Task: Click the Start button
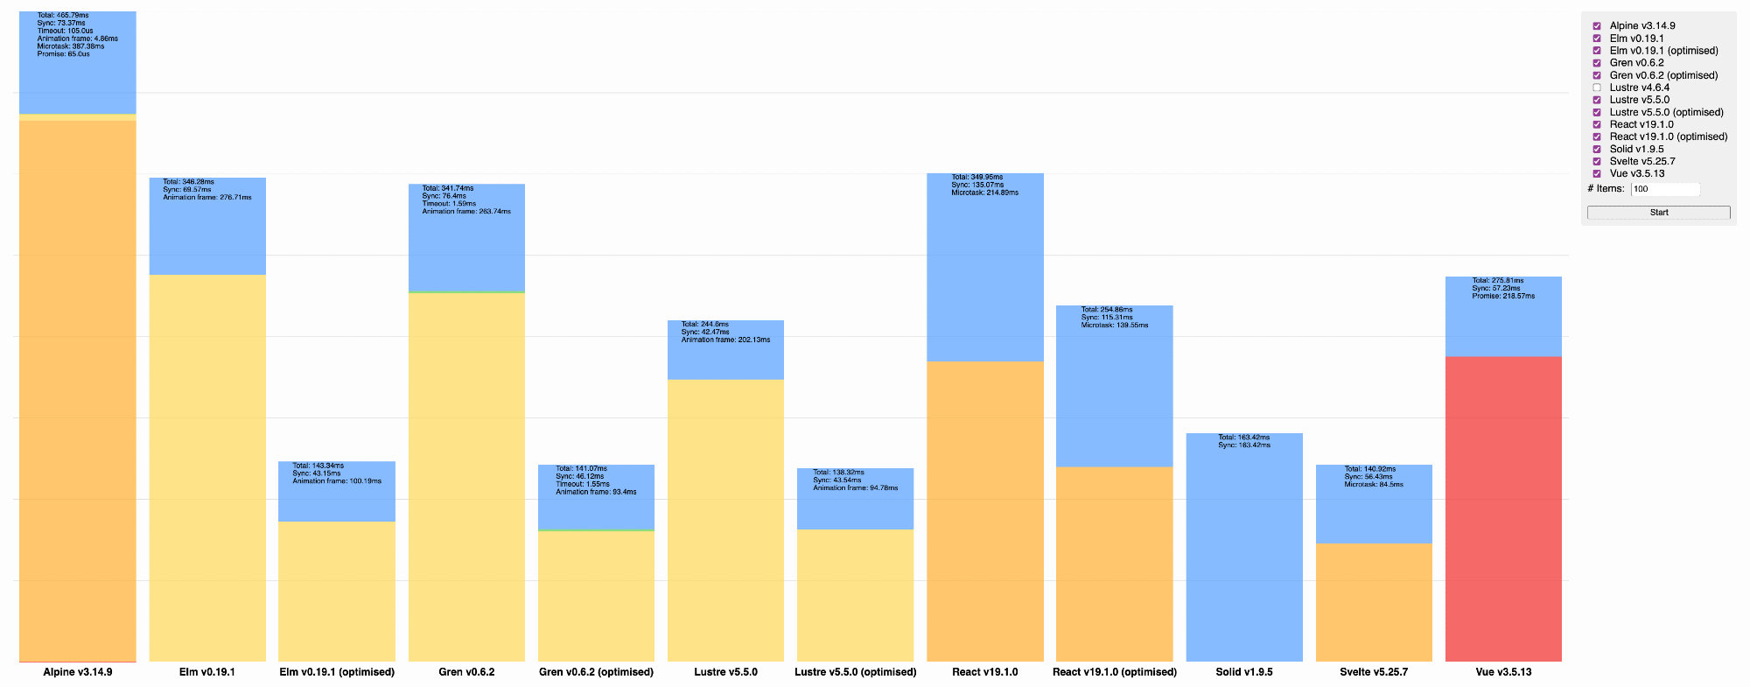point(1658,213)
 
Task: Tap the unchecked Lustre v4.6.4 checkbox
point(1597,88)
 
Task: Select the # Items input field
point(1665,189)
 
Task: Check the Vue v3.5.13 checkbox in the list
point(1597,173)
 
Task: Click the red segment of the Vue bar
point(1503,508)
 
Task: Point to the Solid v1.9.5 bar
point(1244,551)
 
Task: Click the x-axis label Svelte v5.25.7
point(1374,672)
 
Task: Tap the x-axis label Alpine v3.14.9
point(78,672)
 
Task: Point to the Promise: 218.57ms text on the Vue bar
point(1503,296)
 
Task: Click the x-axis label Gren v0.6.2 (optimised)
point(596,672)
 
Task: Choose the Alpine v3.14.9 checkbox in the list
point(1597,26)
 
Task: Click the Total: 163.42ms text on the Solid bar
point(1243,438)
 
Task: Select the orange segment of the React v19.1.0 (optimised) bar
point(1114,564)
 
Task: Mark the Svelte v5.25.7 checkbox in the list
point(1597,161)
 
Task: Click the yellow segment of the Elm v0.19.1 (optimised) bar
point(337,591)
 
